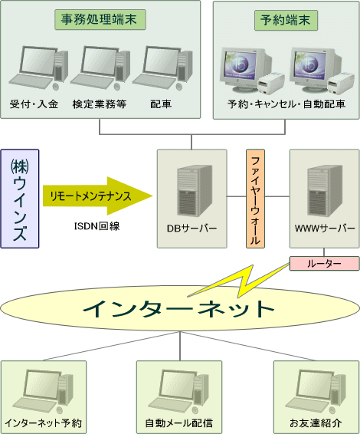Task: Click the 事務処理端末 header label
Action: tap(100, 20)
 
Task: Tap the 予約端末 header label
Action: tap(286, 20)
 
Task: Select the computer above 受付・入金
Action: tap(38, 68)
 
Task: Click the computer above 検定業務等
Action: tap(100, 68)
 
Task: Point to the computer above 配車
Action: tap(162, 68)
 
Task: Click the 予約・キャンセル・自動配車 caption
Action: tap(286, 104)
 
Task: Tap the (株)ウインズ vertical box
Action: tap(20, 199)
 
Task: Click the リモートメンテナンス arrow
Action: tap(97, 196)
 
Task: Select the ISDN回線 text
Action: tap(97, 226)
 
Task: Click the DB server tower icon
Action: tap(195, 191)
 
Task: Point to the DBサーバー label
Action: tap(191, 229)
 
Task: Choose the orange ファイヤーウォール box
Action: tap(255, 199)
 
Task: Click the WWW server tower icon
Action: tap(325, 191)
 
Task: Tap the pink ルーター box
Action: tap(324, 264)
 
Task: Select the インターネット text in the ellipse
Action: tap(178, 308)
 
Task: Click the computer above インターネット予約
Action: tap(43, 391)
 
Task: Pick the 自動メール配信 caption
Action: tap(179, 423)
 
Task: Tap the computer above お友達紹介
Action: tap(316, 391)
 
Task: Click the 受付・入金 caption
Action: tap(34, 104)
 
